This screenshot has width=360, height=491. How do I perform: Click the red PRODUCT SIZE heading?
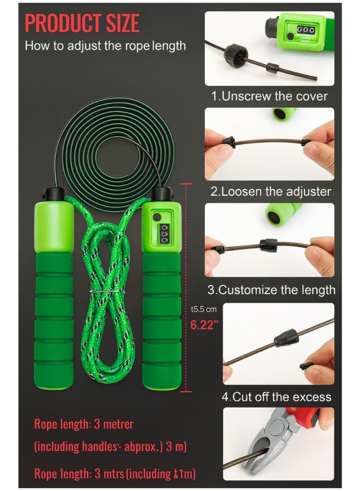[x=82, y=24]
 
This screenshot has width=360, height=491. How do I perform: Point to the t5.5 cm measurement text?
[x=204, y=310]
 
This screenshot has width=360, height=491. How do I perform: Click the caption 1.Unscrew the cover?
[x=269, y=96]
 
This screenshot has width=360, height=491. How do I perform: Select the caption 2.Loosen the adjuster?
[x=271, y=192]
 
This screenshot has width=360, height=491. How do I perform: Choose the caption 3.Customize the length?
[x=271, y=290]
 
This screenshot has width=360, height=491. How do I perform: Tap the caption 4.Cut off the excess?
[x=277, y=396]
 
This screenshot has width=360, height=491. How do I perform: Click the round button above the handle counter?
[x=156, y=217]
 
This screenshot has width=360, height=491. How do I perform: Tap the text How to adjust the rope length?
[x=105, y=47]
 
